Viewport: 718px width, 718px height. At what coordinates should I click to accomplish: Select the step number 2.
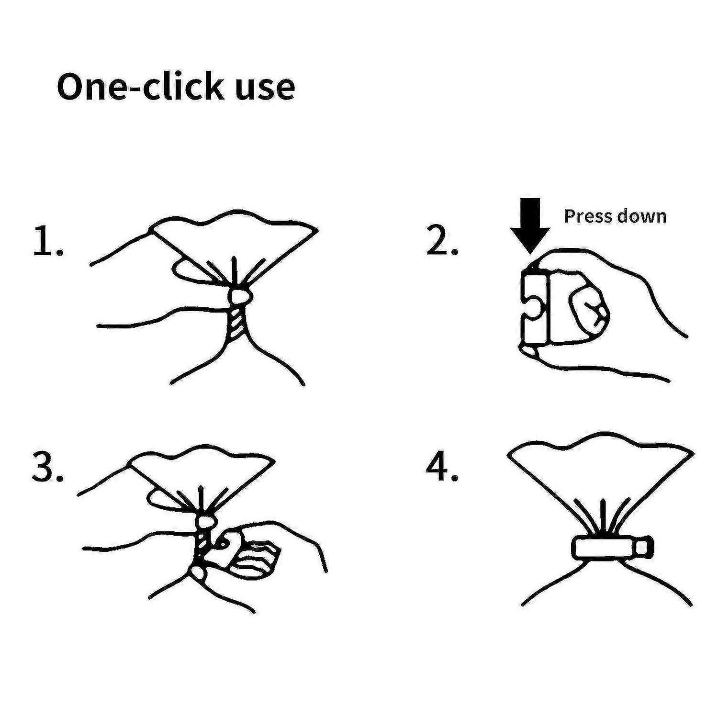pos(442,241)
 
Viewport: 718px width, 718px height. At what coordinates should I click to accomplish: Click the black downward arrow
pos(530,225)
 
